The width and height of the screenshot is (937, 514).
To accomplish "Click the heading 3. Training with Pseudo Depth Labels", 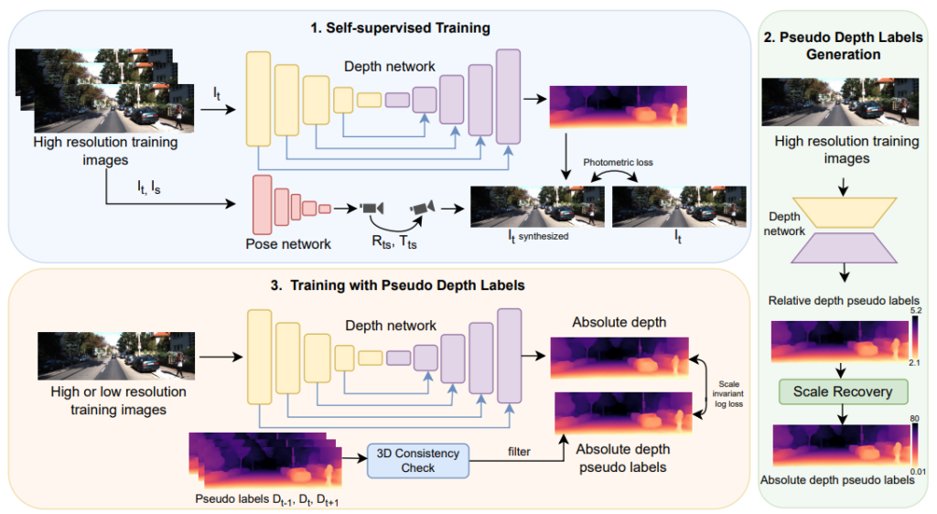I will point(397,285).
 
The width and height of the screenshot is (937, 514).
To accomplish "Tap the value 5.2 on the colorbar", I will point(918,312).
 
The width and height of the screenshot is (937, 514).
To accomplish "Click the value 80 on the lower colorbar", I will point(916,419).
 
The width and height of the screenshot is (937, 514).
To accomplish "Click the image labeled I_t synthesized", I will point(537,207).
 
